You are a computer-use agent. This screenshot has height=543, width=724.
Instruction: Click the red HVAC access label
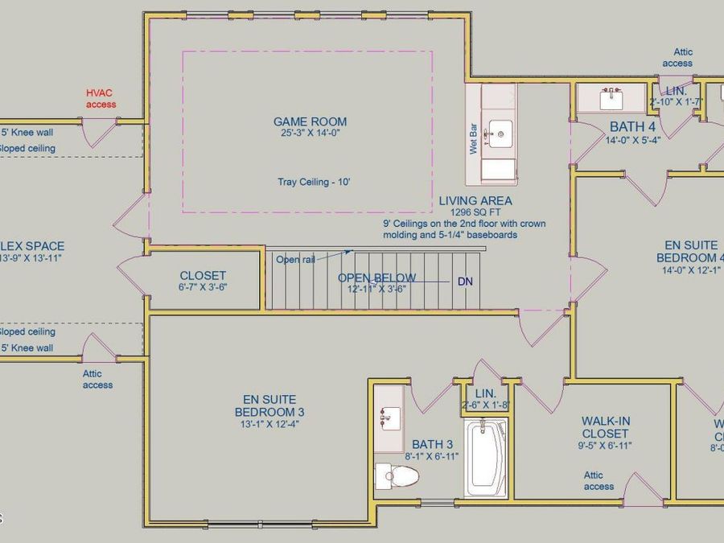(x=101, y=99)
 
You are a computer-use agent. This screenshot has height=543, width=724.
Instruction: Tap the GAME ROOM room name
(x=310, y=121)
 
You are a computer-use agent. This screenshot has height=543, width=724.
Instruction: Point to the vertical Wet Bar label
(x=474, y=139)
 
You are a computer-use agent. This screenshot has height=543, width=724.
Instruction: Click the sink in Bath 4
(x=612, y=99)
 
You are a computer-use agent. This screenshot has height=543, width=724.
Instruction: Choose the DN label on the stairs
(x=465, y=282)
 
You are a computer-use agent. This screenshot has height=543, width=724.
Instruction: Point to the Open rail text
(x=295, y=260)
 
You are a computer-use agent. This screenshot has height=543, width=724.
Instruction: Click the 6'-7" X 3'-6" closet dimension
(x=203, y=287)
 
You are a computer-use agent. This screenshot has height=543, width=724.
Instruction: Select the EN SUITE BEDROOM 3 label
(x=269, y=405)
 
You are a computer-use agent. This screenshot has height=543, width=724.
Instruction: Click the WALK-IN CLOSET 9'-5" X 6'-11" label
(x=605, y=433)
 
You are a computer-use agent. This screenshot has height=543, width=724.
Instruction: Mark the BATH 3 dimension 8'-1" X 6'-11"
(x=432, y=457)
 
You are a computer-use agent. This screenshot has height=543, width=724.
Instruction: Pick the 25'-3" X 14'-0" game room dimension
(x=310, y=134)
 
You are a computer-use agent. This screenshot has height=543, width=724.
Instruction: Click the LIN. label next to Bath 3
(x=486, y=393)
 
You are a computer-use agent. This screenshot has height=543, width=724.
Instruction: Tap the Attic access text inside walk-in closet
(x=599, y=480)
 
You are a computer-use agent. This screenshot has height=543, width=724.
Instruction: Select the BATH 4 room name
(x=632, y=126)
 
